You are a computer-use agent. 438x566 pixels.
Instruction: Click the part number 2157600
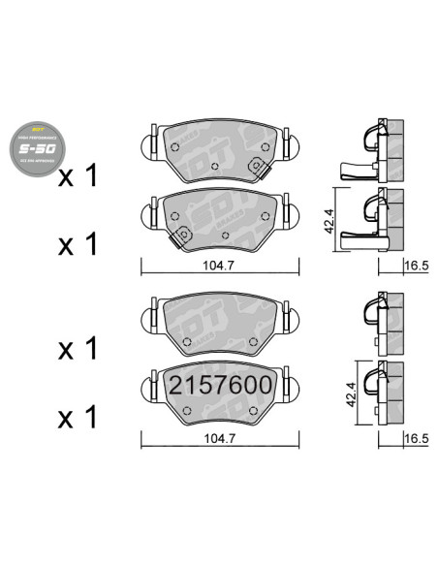(220, 385)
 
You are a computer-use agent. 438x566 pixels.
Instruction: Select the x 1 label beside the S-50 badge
(78, 176)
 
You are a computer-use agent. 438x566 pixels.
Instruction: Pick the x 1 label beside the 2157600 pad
(78, 419)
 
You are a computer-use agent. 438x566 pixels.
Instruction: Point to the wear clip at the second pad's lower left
(180, 236)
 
